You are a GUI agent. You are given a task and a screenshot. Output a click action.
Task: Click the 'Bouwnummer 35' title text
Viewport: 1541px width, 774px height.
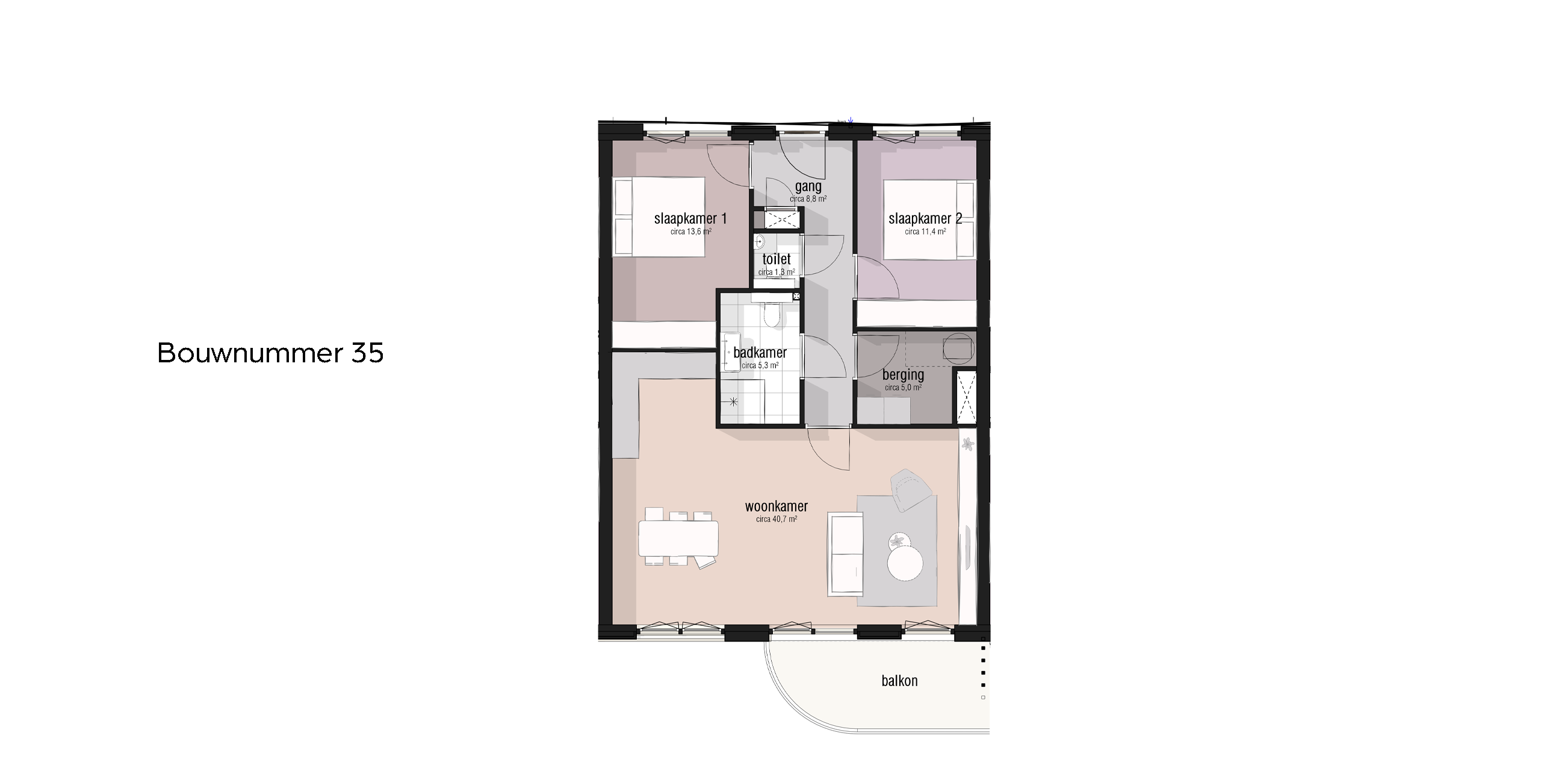[x=270, y=353]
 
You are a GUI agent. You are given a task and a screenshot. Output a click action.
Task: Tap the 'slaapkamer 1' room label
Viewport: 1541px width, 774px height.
[x=690, y=218]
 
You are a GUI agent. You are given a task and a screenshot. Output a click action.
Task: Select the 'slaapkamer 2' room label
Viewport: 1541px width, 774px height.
[x=925, y=218]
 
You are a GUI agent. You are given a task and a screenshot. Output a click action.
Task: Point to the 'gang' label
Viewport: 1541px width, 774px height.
[x=808, y=187]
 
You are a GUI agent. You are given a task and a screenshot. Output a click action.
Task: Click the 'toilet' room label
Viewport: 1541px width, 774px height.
[x=777, y=259]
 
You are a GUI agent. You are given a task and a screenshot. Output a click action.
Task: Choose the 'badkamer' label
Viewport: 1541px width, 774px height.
[x=760, y=352]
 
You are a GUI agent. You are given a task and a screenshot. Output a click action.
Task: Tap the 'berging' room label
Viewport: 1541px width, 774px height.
[x=903, y=375]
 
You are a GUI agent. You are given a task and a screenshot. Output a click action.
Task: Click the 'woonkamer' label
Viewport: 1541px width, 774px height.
[x=777, y=506]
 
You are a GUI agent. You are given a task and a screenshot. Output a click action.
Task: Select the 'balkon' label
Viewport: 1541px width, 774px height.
[x=899, y=681]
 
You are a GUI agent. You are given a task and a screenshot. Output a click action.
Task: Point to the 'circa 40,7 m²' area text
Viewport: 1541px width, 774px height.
[x=777, y=519]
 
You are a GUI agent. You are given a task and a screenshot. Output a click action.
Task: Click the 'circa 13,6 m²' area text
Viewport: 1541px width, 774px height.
[x=690, y=231]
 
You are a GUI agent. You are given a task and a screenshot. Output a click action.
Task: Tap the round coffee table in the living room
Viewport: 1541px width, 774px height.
[x=905, y=563]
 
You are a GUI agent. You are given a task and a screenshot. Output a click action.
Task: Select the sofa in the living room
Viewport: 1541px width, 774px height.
[x=846, y=554]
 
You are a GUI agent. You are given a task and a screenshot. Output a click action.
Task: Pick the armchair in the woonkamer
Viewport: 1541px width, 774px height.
[x=912, y=490]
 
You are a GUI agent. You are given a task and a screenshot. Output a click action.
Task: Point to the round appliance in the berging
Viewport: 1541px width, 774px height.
[x=958, y=348]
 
